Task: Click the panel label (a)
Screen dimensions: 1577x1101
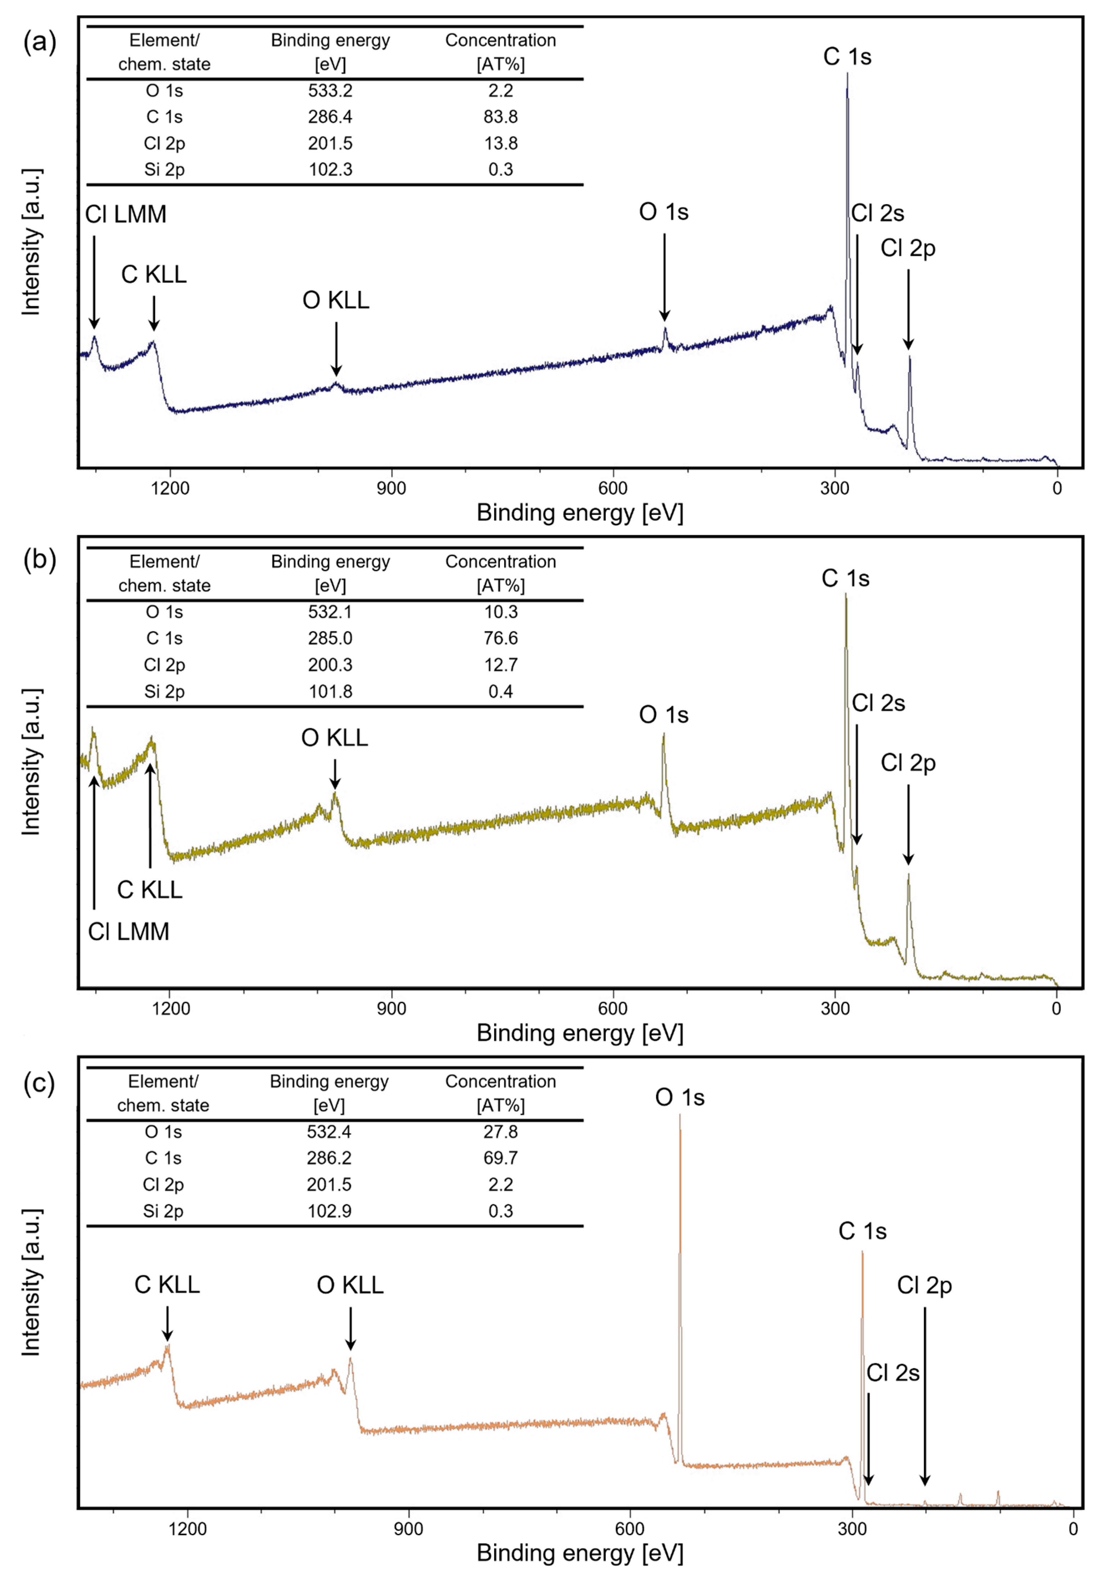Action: coord(39,42)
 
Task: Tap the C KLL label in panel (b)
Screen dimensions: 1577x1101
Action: coord(150,890)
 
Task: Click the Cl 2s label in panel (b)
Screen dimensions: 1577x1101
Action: coord(878,703)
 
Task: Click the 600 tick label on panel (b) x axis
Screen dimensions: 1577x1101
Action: coord(613,1008)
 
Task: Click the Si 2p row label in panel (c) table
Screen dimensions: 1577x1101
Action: coord(163,1211)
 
